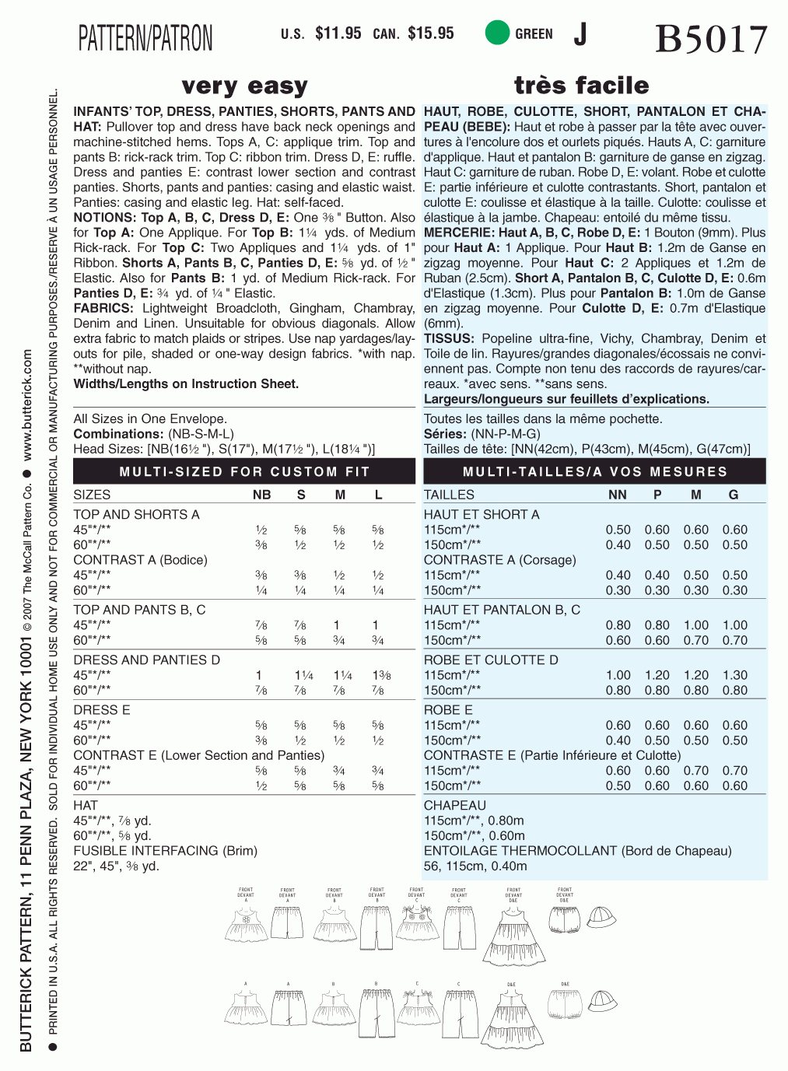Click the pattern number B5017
(x=711, y=39)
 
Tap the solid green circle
(x=496, y=33)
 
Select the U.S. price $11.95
(x=338, y=33)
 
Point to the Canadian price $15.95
(x=430, y=33)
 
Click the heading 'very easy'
(x=244, y=86)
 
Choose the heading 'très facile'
(x=581, y=85)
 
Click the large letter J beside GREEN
(x=580, y=33)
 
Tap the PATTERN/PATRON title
(x=145, y=38)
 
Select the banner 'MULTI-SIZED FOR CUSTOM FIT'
(x=244, y=471)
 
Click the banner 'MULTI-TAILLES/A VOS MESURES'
(x=594, y=471)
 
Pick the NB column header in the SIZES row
(x=262, y=495)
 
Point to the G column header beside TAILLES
(x=734, y=495)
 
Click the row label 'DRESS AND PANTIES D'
(x=147, y=660)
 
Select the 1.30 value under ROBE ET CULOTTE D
(x=734, y=675)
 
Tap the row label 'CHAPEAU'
(x=454, y=805)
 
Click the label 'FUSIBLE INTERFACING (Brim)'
(x=165, y=850)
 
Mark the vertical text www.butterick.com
(x=28, y=404)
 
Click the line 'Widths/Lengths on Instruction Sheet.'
(x=186, y=383)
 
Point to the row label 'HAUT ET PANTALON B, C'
(x=502, y=610)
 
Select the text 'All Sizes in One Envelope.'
(x=150, y=418)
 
